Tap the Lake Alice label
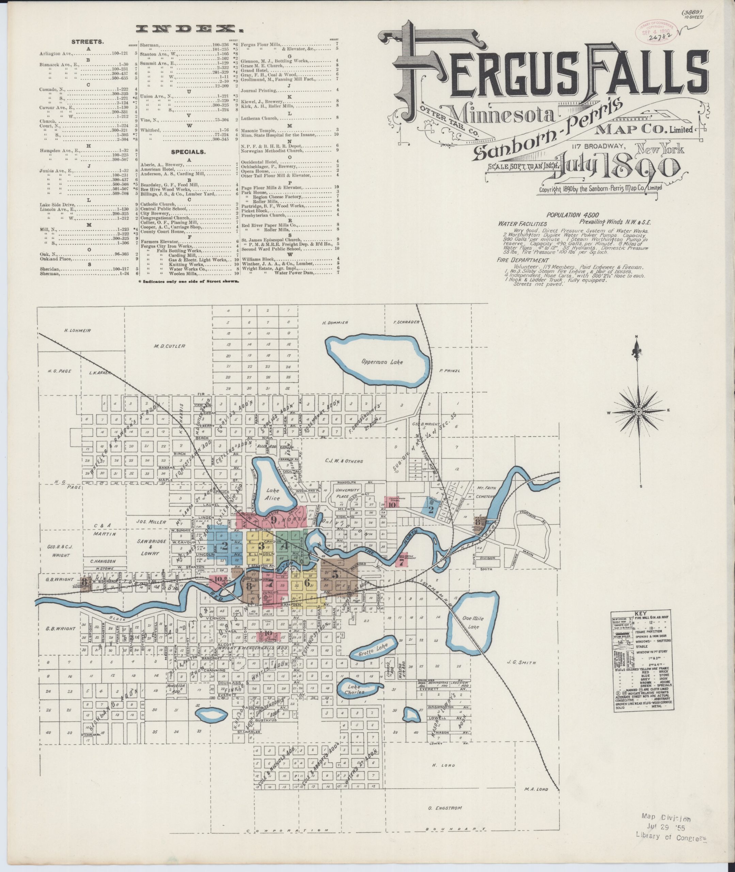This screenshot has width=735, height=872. click(273, 494)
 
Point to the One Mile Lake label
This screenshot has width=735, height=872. click(473, 622)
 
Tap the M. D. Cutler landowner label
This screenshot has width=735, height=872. click(169, 346)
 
